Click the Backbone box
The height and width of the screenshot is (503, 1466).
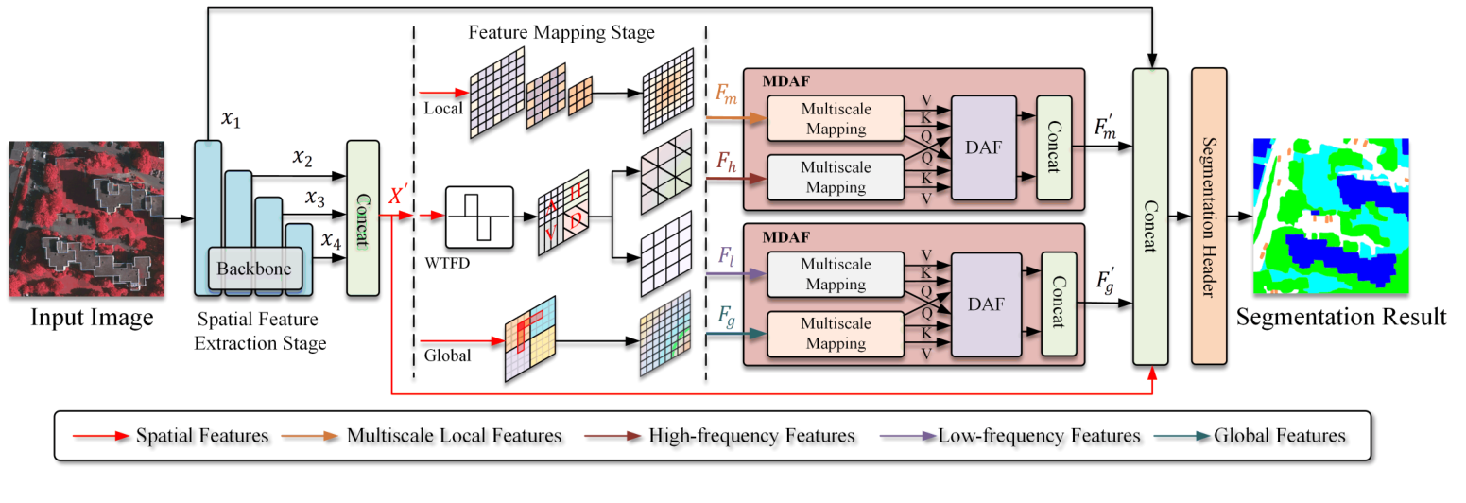point(255,269)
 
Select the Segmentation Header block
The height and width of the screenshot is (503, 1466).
point(1209,216)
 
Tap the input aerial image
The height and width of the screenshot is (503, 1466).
point(81,218)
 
